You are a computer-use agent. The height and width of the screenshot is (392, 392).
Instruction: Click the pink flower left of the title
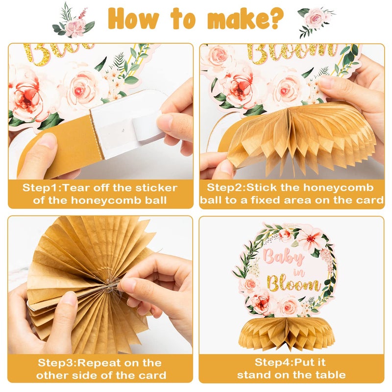click(x=75, y=27)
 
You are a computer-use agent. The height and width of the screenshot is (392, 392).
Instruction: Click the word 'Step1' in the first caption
click(x=41, y=188)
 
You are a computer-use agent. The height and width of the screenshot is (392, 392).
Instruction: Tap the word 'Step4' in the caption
click(x=273, y=362)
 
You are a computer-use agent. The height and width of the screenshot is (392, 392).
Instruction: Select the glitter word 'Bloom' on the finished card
click(x=293, y=284)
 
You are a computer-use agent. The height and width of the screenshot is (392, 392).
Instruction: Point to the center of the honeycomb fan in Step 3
click(x=109, y=286)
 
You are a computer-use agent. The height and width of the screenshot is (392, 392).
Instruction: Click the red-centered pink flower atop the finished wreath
click(x=310, y=238)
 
